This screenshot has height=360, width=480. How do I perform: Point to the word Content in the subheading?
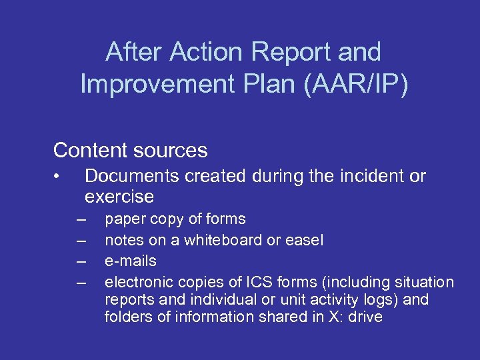tap(89, 150)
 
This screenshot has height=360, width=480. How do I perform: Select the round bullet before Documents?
tap(59, 177)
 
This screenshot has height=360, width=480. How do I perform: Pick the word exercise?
tap(119, 197)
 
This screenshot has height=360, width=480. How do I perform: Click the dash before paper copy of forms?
tap(81, 219)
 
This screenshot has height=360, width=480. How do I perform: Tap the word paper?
tap(125, 219)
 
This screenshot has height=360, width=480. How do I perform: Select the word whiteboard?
tap(220, 240)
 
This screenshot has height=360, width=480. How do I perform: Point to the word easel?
tap(304, 240)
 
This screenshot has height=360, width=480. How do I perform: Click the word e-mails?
tap(131, 261)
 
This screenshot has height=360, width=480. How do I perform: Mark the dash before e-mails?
tap(81, 261)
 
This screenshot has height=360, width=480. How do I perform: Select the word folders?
tap(128, 317)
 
